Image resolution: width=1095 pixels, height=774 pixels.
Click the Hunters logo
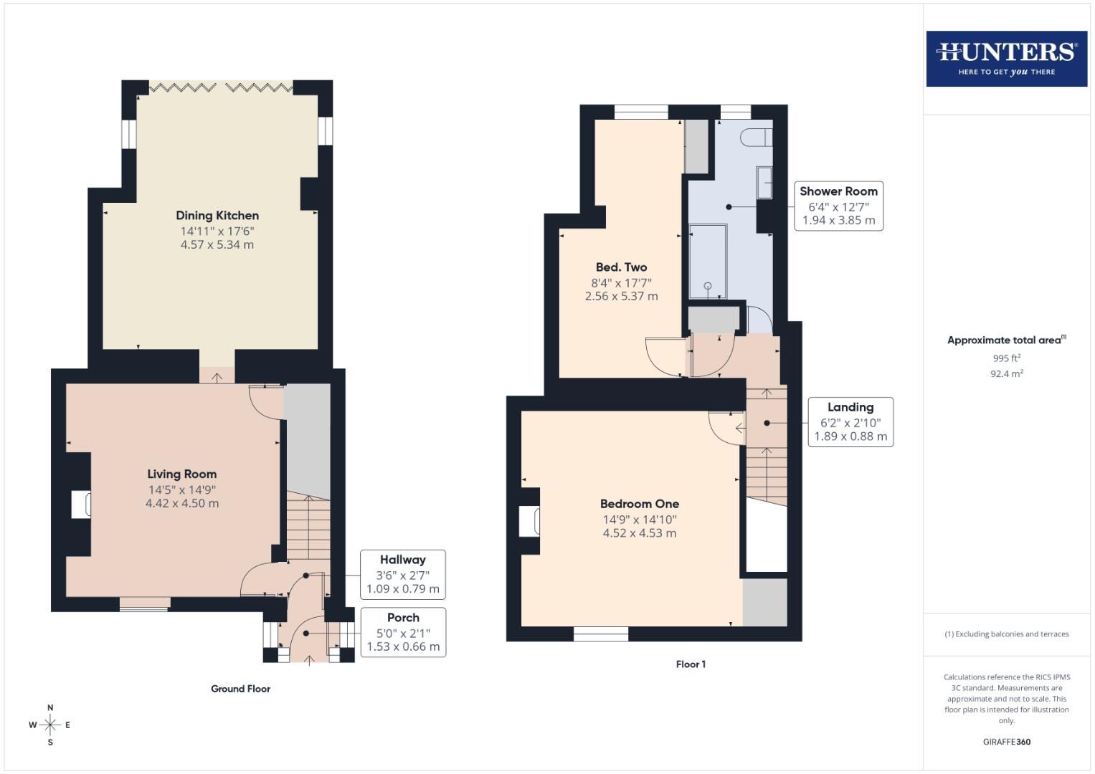click(1006, 59)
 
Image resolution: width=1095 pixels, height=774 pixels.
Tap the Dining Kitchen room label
click(217, 216)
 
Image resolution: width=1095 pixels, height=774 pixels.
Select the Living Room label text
click(182, 474)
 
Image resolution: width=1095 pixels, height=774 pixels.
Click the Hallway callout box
click(402, 574)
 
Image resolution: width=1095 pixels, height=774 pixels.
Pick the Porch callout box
click(403, 632)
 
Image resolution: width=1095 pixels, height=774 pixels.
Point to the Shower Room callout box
click(838, 206)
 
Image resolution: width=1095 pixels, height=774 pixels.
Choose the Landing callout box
click(850, 422)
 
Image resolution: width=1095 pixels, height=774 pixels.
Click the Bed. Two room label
click(621, 267)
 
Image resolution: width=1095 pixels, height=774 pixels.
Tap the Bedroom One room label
click(640, 504)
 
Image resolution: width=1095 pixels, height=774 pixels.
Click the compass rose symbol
click(50, 725)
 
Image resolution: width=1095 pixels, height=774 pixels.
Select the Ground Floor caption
click(240, 689)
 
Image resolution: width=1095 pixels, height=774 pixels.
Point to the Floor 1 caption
click(691, 664)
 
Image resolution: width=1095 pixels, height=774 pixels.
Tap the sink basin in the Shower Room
click(764, 183)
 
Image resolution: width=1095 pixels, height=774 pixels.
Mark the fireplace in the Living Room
click(80, 505)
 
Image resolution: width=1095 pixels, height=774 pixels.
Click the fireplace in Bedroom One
click(529, 521)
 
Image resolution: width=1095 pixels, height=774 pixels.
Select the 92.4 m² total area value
click(1006, 373)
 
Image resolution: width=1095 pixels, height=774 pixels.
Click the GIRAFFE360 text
click(1006, 742)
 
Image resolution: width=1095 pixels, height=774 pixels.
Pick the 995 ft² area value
click(1006, 358)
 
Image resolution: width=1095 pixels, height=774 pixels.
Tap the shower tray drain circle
click(708, 286)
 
